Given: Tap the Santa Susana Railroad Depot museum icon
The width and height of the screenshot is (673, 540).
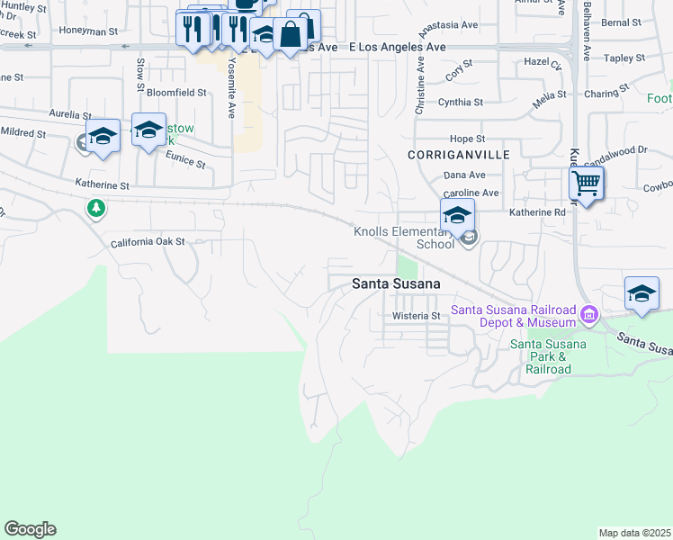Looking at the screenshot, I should pos(589,314).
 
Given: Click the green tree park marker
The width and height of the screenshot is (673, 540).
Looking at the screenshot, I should pos(95,209).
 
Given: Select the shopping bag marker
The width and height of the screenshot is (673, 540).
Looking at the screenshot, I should pos(292,36).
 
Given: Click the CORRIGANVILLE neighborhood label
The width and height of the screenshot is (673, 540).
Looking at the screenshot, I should pos(458,155).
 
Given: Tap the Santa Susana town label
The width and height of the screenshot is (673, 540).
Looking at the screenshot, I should pos(396,283).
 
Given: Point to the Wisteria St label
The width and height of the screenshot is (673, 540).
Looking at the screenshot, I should pos(415,316).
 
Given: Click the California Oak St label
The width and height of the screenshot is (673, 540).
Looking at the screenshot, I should pos(148,242).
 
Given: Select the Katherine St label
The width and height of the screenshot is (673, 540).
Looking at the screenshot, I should pos(103,185).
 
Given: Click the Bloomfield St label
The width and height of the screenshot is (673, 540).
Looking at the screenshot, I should pos(177,93).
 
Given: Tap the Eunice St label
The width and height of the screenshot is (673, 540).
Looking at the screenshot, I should pos(185,160).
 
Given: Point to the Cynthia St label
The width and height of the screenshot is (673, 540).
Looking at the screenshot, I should pos(461,103).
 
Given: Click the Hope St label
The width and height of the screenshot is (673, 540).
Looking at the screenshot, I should pos(467,139).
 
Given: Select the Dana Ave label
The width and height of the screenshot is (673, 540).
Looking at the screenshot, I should pos(464,175).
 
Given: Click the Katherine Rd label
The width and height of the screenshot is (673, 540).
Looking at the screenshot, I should pos(536,212).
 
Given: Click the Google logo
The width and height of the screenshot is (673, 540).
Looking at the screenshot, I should pos(30,529).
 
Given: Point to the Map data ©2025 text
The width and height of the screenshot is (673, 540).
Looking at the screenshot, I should pos(634,533).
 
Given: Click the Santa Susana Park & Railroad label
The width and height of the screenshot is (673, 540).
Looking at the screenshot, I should pos(548,356).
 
